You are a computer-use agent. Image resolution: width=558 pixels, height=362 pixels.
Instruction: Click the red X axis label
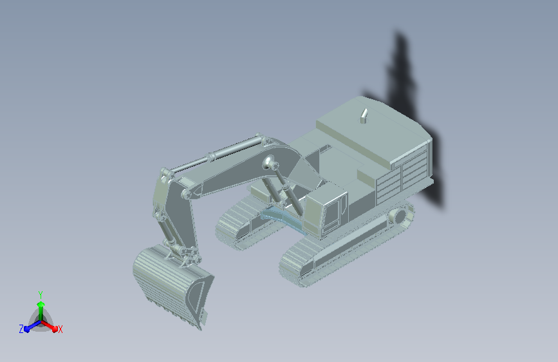pyautogui.click(x=60, y=329)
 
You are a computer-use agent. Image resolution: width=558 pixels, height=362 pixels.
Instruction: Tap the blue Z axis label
pyautogui.click(x=21, y=329)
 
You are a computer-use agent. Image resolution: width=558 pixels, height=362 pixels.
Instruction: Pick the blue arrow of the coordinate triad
pyautogui.click(x=30, y=326)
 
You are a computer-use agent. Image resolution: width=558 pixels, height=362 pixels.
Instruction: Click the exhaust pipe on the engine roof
pyautogui.click(x=364, y=116)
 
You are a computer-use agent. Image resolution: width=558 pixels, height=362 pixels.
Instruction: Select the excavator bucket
pyautogui.click(x=171, y=283)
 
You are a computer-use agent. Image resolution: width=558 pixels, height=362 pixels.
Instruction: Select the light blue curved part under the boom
pyautogui.click(x=283, y=216)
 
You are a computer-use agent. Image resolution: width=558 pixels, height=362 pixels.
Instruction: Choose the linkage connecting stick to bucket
pyautogui.click(x=183, y=254)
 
